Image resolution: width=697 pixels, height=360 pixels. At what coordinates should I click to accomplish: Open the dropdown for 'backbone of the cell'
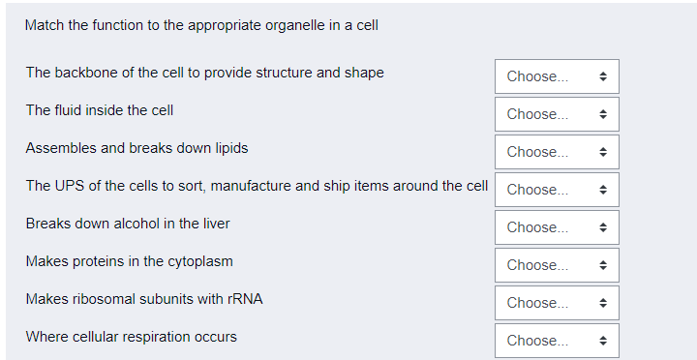[x=557, y=76]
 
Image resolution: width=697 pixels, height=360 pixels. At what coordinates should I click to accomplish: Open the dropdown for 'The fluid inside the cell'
[x=557, y=114]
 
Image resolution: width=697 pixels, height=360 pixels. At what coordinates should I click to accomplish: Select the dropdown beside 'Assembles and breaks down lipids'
[x=557, y=152]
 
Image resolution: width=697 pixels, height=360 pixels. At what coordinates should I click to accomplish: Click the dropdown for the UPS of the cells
[x=557, y=190]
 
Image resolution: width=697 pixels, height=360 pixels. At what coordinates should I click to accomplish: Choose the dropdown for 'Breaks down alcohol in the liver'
[x=557, y=227]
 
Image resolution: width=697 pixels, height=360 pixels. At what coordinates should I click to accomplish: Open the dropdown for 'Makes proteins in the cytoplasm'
[x=557, y=265]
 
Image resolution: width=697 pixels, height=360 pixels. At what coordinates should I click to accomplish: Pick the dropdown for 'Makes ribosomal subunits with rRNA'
[x=557, y=303]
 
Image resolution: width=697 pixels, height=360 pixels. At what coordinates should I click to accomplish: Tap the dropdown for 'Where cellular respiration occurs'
[x=557, y=341]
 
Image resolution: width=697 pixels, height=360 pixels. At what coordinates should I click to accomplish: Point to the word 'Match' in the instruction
[x=44, y=25]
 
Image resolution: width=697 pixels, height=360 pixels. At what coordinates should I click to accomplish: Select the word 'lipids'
[x=227, y=148]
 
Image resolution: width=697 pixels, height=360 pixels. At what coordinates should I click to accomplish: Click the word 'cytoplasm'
[x=199, y=261]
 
